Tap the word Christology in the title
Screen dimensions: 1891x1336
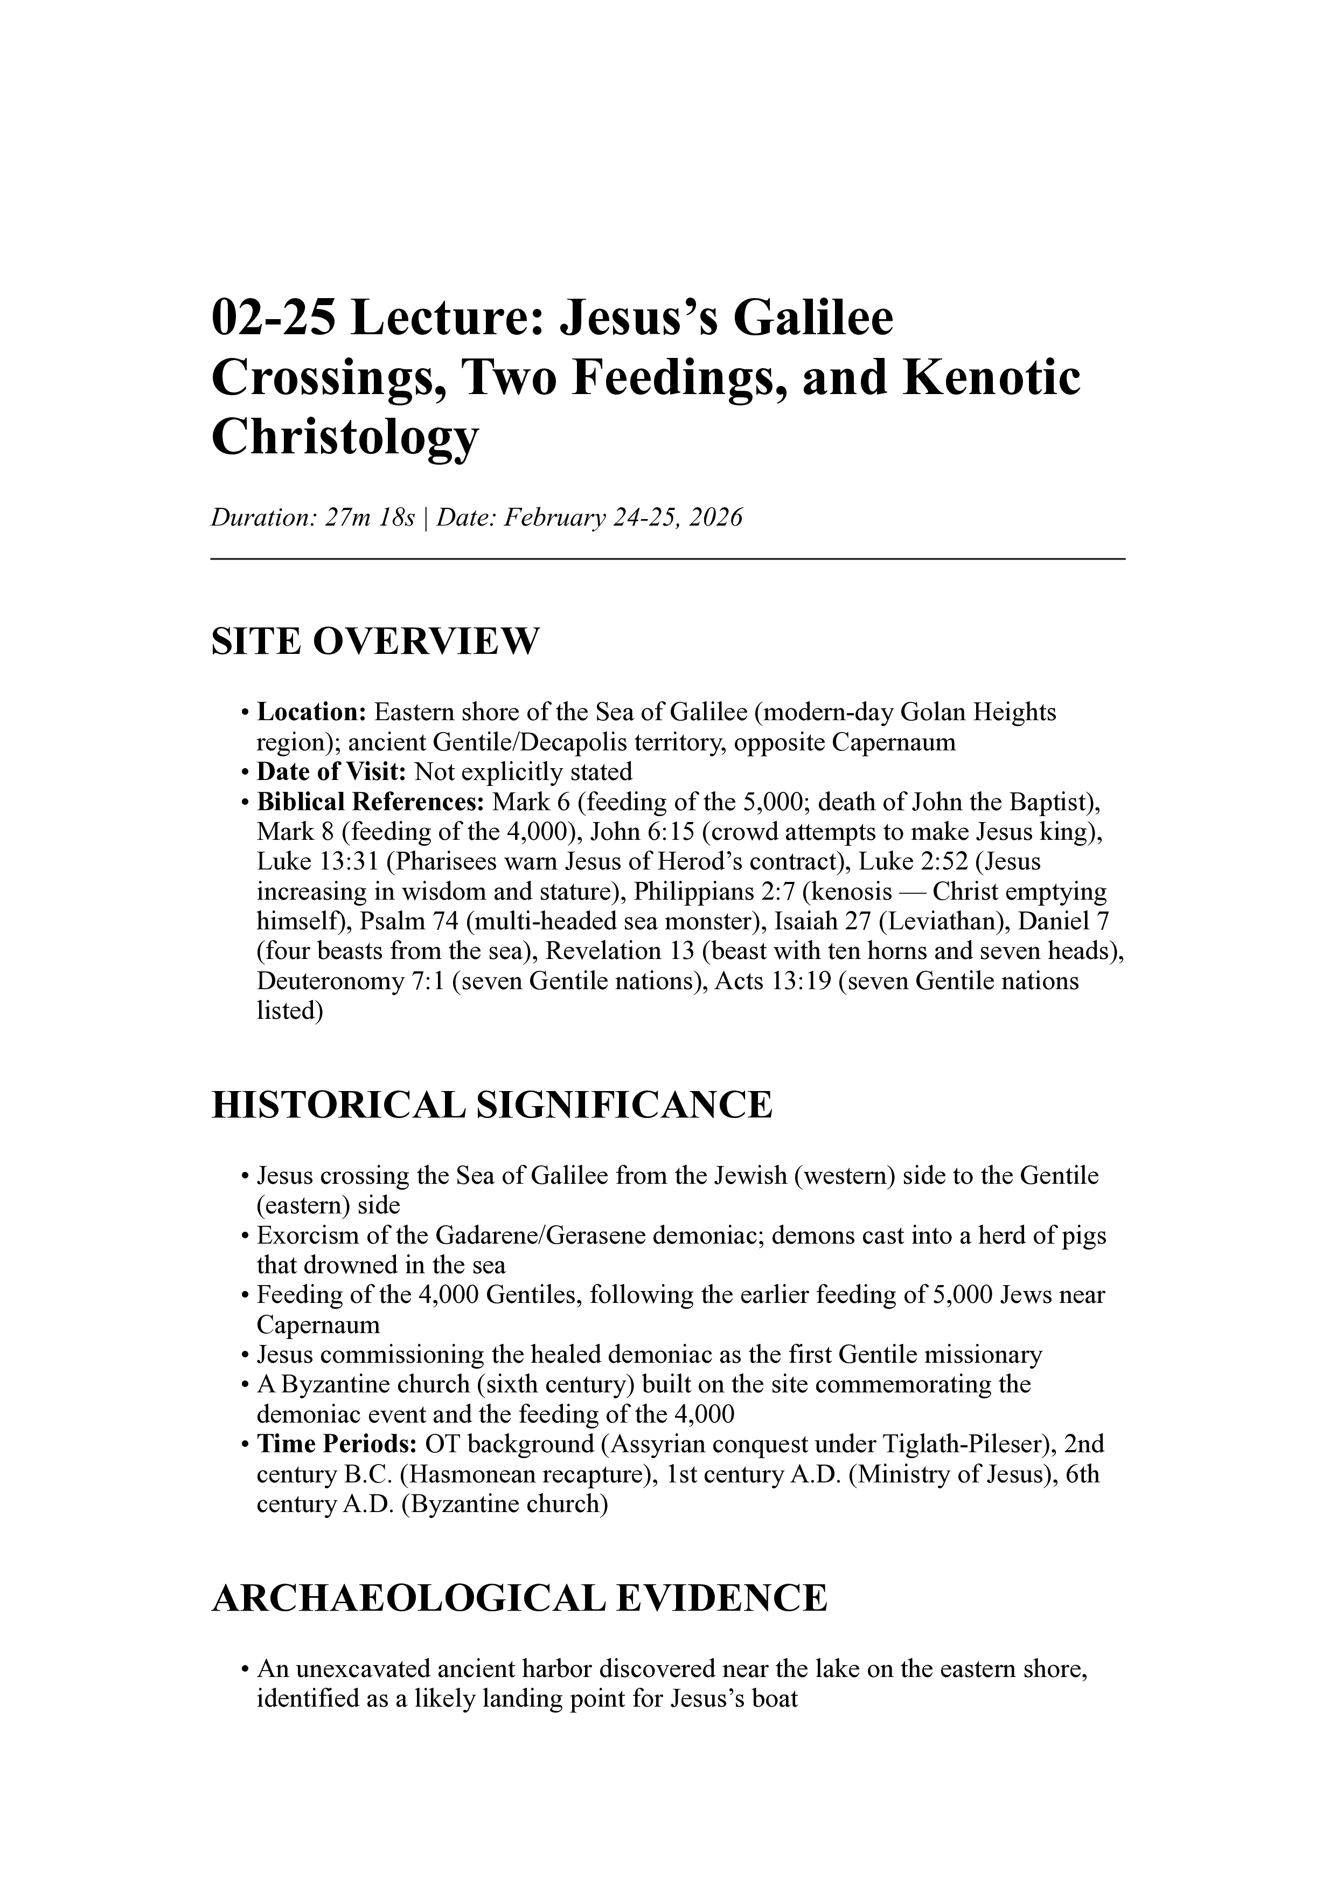click(344, 437)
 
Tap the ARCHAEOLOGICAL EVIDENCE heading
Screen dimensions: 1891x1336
click(519, 1599)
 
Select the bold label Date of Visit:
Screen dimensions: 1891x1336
click(332, 772)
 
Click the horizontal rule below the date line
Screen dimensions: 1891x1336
click(667, 559)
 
